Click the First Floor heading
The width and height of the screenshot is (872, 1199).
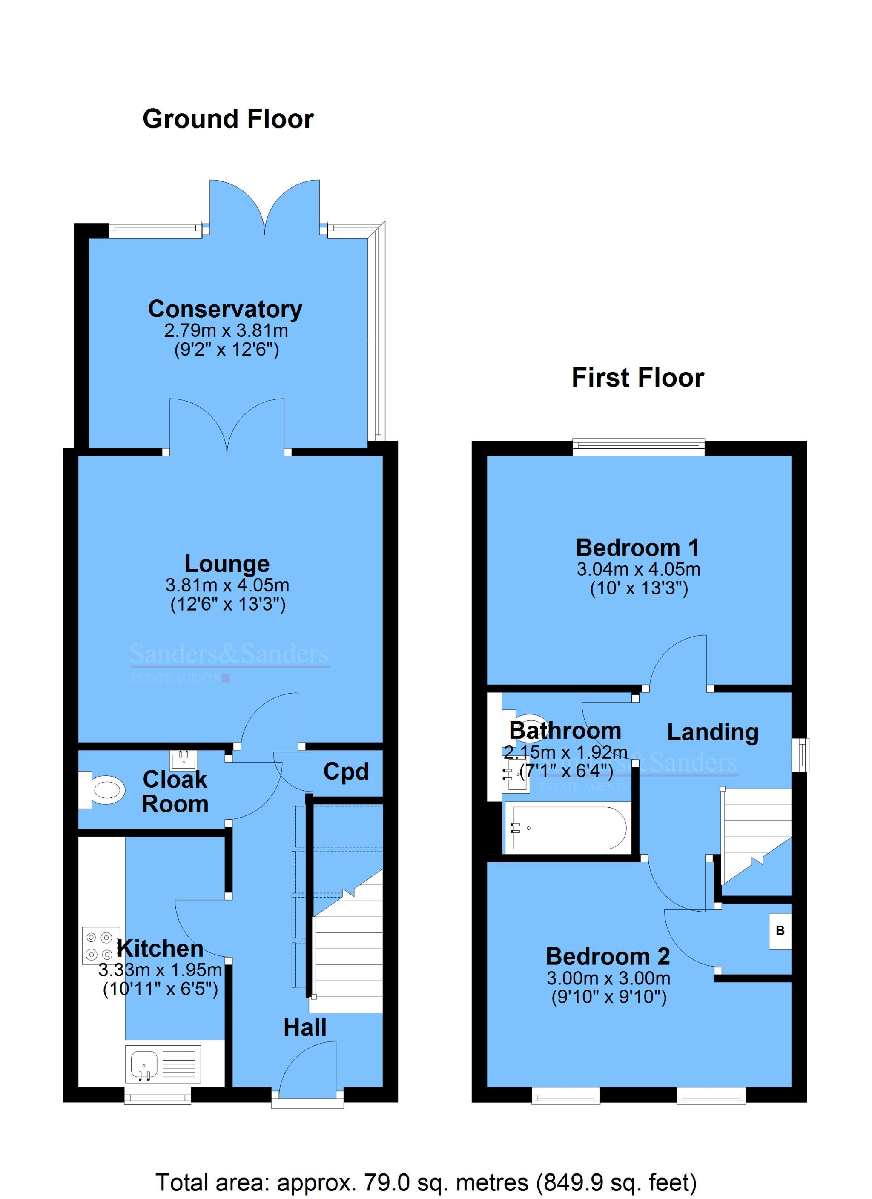[x=637, y=378]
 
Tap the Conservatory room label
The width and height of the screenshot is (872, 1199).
[x=225, y=309]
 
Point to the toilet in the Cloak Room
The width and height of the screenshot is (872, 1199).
[x=103, y=790]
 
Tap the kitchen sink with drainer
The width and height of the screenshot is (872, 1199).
[x=163, y=1064]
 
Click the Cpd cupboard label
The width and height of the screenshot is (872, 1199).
[x=346, y=772]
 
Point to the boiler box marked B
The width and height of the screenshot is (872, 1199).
[x=780, y=930]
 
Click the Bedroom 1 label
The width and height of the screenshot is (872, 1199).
[x=637, y=547]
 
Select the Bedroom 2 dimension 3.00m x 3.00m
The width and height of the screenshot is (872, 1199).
[x=608, y=978]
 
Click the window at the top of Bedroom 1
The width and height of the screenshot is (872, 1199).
[x=639, y=447]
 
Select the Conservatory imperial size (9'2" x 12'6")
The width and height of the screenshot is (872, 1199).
[x=227, y=350]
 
